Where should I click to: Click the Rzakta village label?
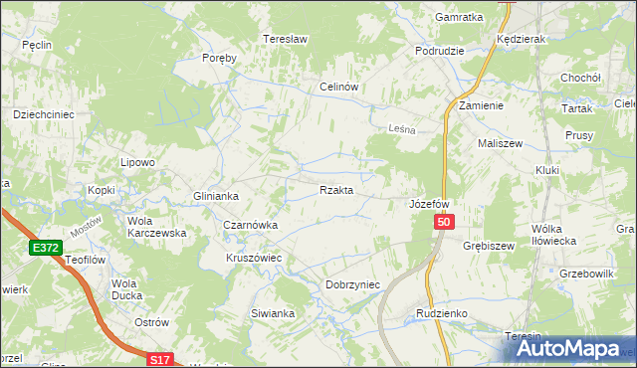pyautogui.click(x=335, y=190)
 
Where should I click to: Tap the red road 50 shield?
pyautogui.click(x=445, y=226)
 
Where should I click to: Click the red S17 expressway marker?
pyautogui.click(x=161, y=359)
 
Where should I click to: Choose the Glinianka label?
pyautogui.click(x=217, y=196)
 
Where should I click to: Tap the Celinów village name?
pyautogui.click(x=338, y=87)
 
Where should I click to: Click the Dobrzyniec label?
pyautogui.click(x=353, y=284)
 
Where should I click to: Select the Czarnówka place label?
pyautogui.click(x=250, y=226)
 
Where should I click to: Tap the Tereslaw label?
pyautogui.click(x=282, y=40)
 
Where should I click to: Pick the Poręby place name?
pyautogui.click(x=219, y=58)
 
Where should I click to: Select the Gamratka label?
pyautogui.click(x=459, y=17)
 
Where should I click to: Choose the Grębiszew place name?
pyautogui.click(x=489, y=244)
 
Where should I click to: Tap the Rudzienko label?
pyautogui.click(x=442, y=313)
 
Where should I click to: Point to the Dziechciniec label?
pyautogui.click(x=43, y=114)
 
